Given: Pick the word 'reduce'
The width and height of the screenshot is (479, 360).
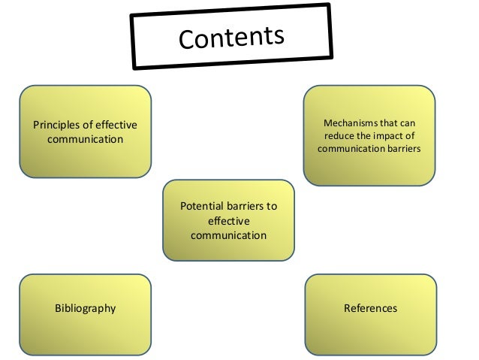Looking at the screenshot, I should click(339, 135).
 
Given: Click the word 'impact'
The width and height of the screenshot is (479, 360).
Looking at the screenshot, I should click(390, 135).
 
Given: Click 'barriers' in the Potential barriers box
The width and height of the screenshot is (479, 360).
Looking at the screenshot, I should click(243, 206).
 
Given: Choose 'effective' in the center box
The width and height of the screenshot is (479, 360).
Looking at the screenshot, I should click(228, 220).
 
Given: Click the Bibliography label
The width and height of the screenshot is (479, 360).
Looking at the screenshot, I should click(85, 308).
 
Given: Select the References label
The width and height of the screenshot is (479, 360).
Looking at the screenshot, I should click(370, 308).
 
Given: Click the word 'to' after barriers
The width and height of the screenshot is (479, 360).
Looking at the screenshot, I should click(271, 206).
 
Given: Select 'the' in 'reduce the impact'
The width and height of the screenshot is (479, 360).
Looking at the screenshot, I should click(364, 135).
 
